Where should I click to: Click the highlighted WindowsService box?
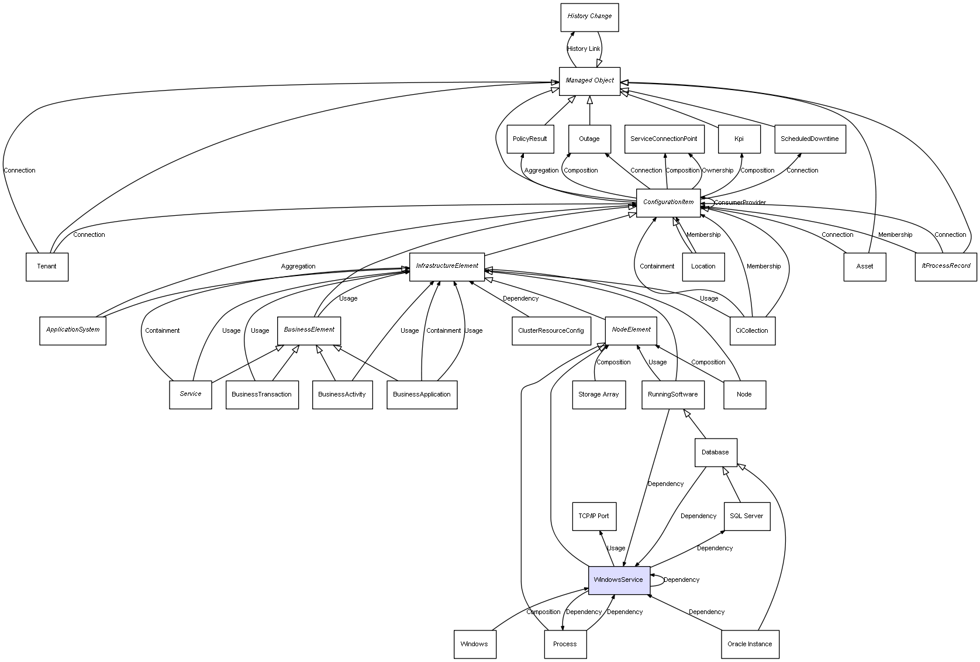click(619, 580)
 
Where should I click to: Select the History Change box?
click(589, 17)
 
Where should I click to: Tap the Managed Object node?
click(589, 81)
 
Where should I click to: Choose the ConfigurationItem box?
click(668, 203)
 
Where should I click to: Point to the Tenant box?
click(47, 267)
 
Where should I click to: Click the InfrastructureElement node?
click(447, 267)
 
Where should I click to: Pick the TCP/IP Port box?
click(593, 516)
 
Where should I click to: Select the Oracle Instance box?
click(750, 644)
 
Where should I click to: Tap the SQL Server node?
click(746, 516)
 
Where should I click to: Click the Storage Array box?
click(598, 395)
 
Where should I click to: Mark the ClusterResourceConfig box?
click(551, 331)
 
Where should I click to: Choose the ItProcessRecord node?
click(946, 267)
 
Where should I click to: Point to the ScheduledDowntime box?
click(809, 139)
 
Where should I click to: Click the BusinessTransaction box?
click(261, 395)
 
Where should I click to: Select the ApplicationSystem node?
click(73, 330)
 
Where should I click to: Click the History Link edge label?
click(584, 49)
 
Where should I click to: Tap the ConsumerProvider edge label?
click(740, 203)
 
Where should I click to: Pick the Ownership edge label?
click(717, 171)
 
